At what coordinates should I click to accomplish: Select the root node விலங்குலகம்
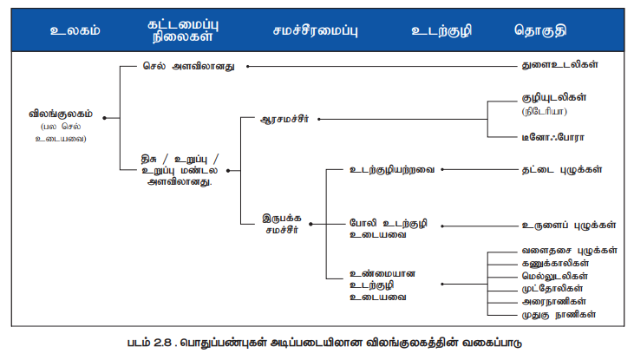(60, 114)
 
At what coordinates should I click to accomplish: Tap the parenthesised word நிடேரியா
(544, 113)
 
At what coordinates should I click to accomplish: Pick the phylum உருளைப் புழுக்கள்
(567, 225)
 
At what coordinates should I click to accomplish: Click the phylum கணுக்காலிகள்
(555, 262)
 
